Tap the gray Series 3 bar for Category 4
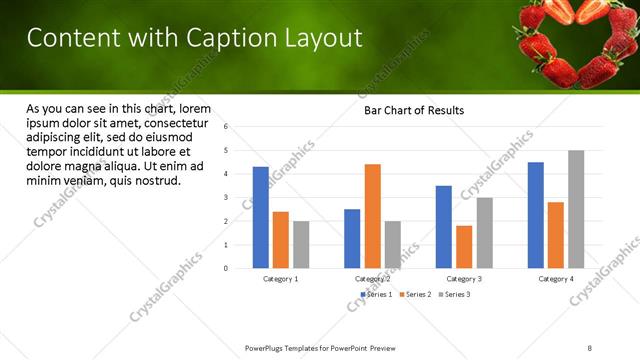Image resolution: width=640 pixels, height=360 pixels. pyautogui.click(x=576, y=209)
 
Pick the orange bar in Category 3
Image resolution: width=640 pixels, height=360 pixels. pyautogui.click(x=464, y=247)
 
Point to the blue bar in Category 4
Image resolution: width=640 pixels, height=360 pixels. pyautogui.click(x=536, y=215)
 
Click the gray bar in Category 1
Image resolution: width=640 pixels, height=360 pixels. pyautogui.click(x=301, y=244)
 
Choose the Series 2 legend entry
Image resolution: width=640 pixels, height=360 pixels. pyautogui.click(x=414, y=294)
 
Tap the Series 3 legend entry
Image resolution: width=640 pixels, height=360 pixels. pyautogui.click(x=454, y=294)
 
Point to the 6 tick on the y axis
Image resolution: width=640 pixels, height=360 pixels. pyautogui.click(x=227, y=127)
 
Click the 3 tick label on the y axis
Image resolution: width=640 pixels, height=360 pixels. pyautogui.click(x=227, y=198)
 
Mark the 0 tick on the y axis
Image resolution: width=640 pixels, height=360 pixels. pyautogui.click(x=227, y=268)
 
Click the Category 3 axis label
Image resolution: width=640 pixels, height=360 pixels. pyautogui.click(x=464, y=278)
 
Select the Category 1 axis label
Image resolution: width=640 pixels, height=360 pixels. pyautogui.click(x=280, y=278)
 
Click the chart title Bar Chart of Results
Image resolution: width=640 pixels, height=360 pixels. pyautogui.click(x=413, y=110)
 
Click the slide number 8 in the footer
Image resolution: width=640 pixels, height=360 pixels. pyautogui.click(x=590, y=348)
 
